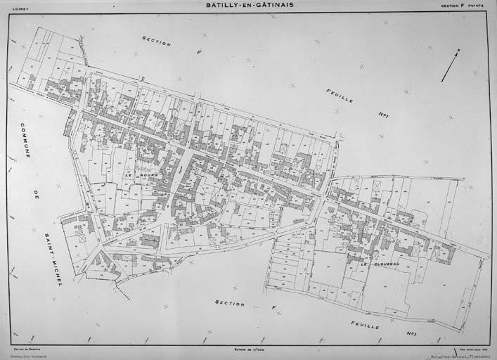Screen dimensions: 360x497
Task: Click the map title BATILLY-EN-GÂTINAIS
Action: pos(250,5)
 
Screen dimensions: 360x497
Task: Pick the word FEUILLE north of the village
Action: pos(340,96)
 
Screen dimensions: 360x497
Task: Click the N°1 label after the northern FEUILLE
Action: pos(384,115)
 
